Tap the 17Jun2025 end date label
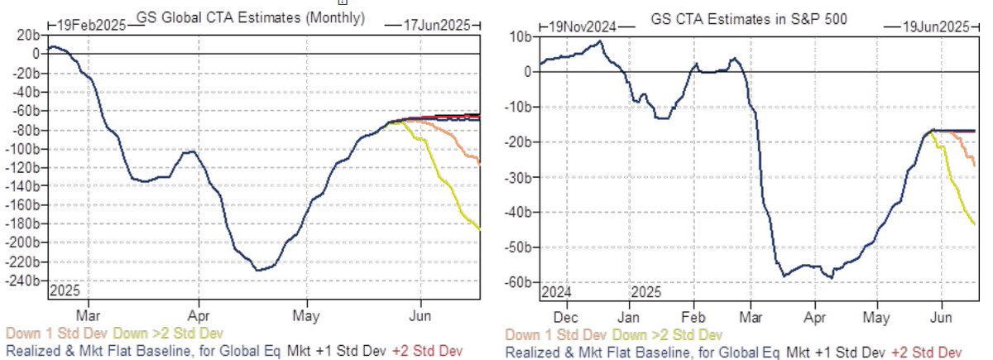pos(429,26)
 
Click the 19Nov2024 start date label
pos(583,27)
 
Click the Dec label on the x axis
pos(565,317)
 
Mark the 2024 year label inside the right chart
pos(557,292)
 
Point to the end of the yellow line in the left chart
pos(481,228)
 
